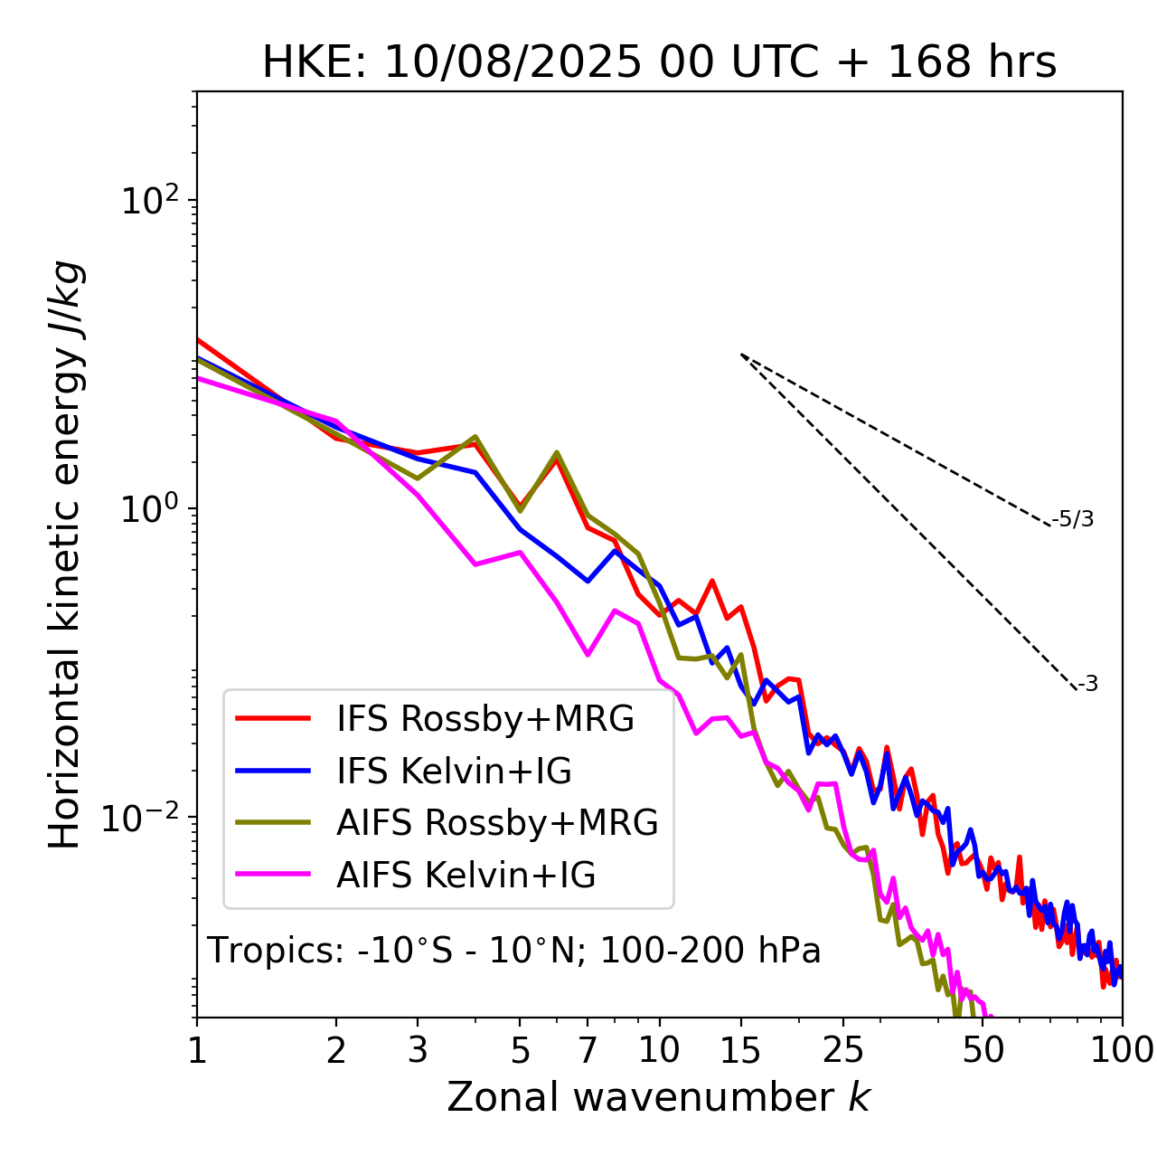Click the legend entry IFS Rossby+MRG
coord(485,718)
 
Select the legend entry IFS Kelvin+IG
coord(454,771)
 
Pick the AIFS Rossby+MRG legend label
coord(497,823)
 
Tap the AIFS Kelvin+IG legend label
coord(466,876)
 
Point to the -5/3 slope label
coord(1073,519)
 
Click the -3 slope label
coord(1087,685)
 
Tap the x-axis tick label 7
coord(588,1049)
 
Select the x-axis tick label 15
coord(740,1049)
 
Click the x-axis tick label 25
coord(843,1049)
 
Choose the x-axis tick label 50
coord(983,1049)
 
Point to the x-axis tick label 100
coord(1121,1049)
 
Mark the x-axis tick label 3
coord(417,1049)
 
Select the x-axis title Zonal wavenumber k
coord(658,1097)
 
